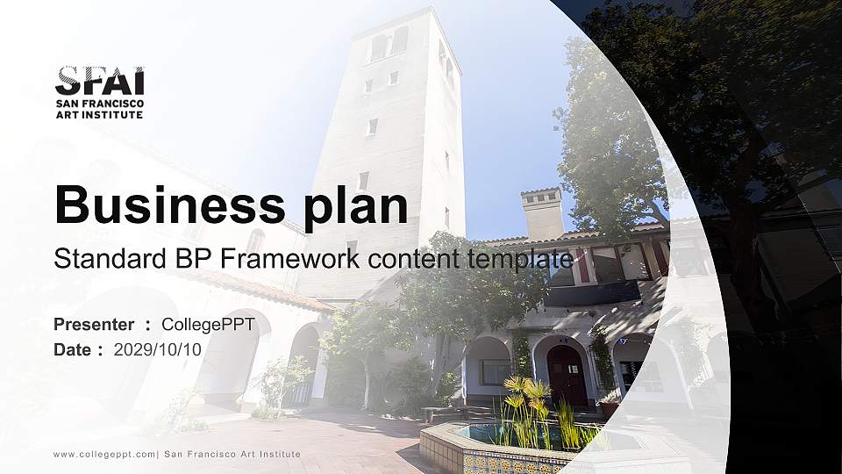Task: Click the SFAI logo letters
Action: (x=99, y=81)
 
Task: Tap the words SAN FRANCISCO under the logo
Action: (x=99, y=104)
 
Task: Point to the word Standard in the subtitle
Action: (x=102, y=259)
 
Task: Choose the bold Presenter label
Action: (x=94, y=325)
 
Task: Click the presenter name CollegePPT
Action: (x=208, y=325)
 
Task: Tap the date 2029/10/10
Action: (x=158, y=349)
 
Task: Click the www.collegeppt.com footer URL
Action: (x=104, y=454)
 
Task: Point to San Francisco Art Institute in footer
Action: (x=232, y=454)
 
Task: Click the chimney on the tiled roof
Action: (x=542, y=213)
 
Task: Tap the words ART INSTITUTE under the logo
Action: (x=99, y=115)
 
